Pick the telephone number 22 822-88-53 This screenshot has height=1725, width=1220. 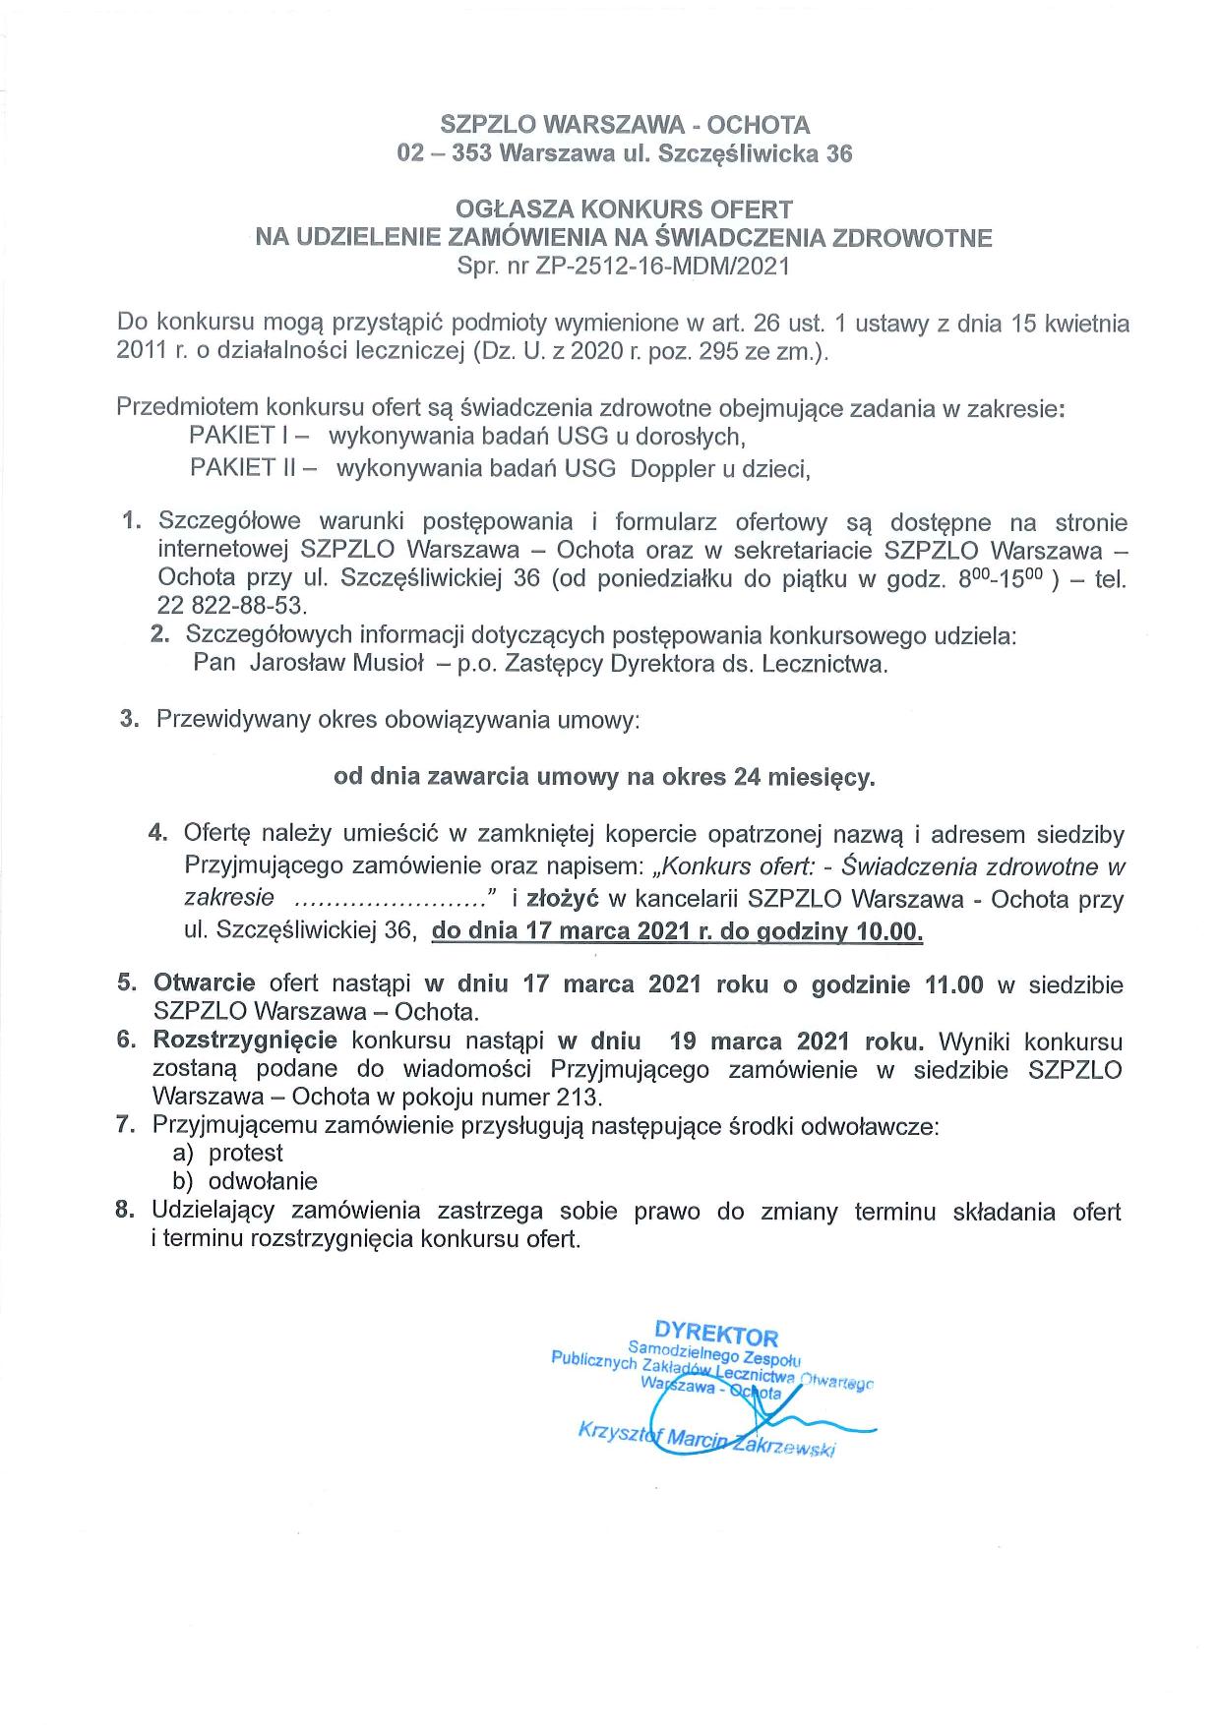coord(232,605)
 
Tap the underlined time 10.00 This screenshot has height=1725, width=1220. coord(890,930)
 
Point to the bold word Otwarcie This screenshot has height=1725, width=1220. coord(205,983)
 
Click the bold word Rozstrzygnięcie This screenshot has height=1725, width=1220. coord(245,1041)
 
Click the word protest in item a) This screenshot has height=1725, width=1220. coord(246,1153)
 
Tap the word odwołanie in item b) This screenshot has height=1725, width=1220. coord(263,1181)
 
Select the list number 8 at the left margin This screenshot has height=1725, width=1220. coord(125,1211)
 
